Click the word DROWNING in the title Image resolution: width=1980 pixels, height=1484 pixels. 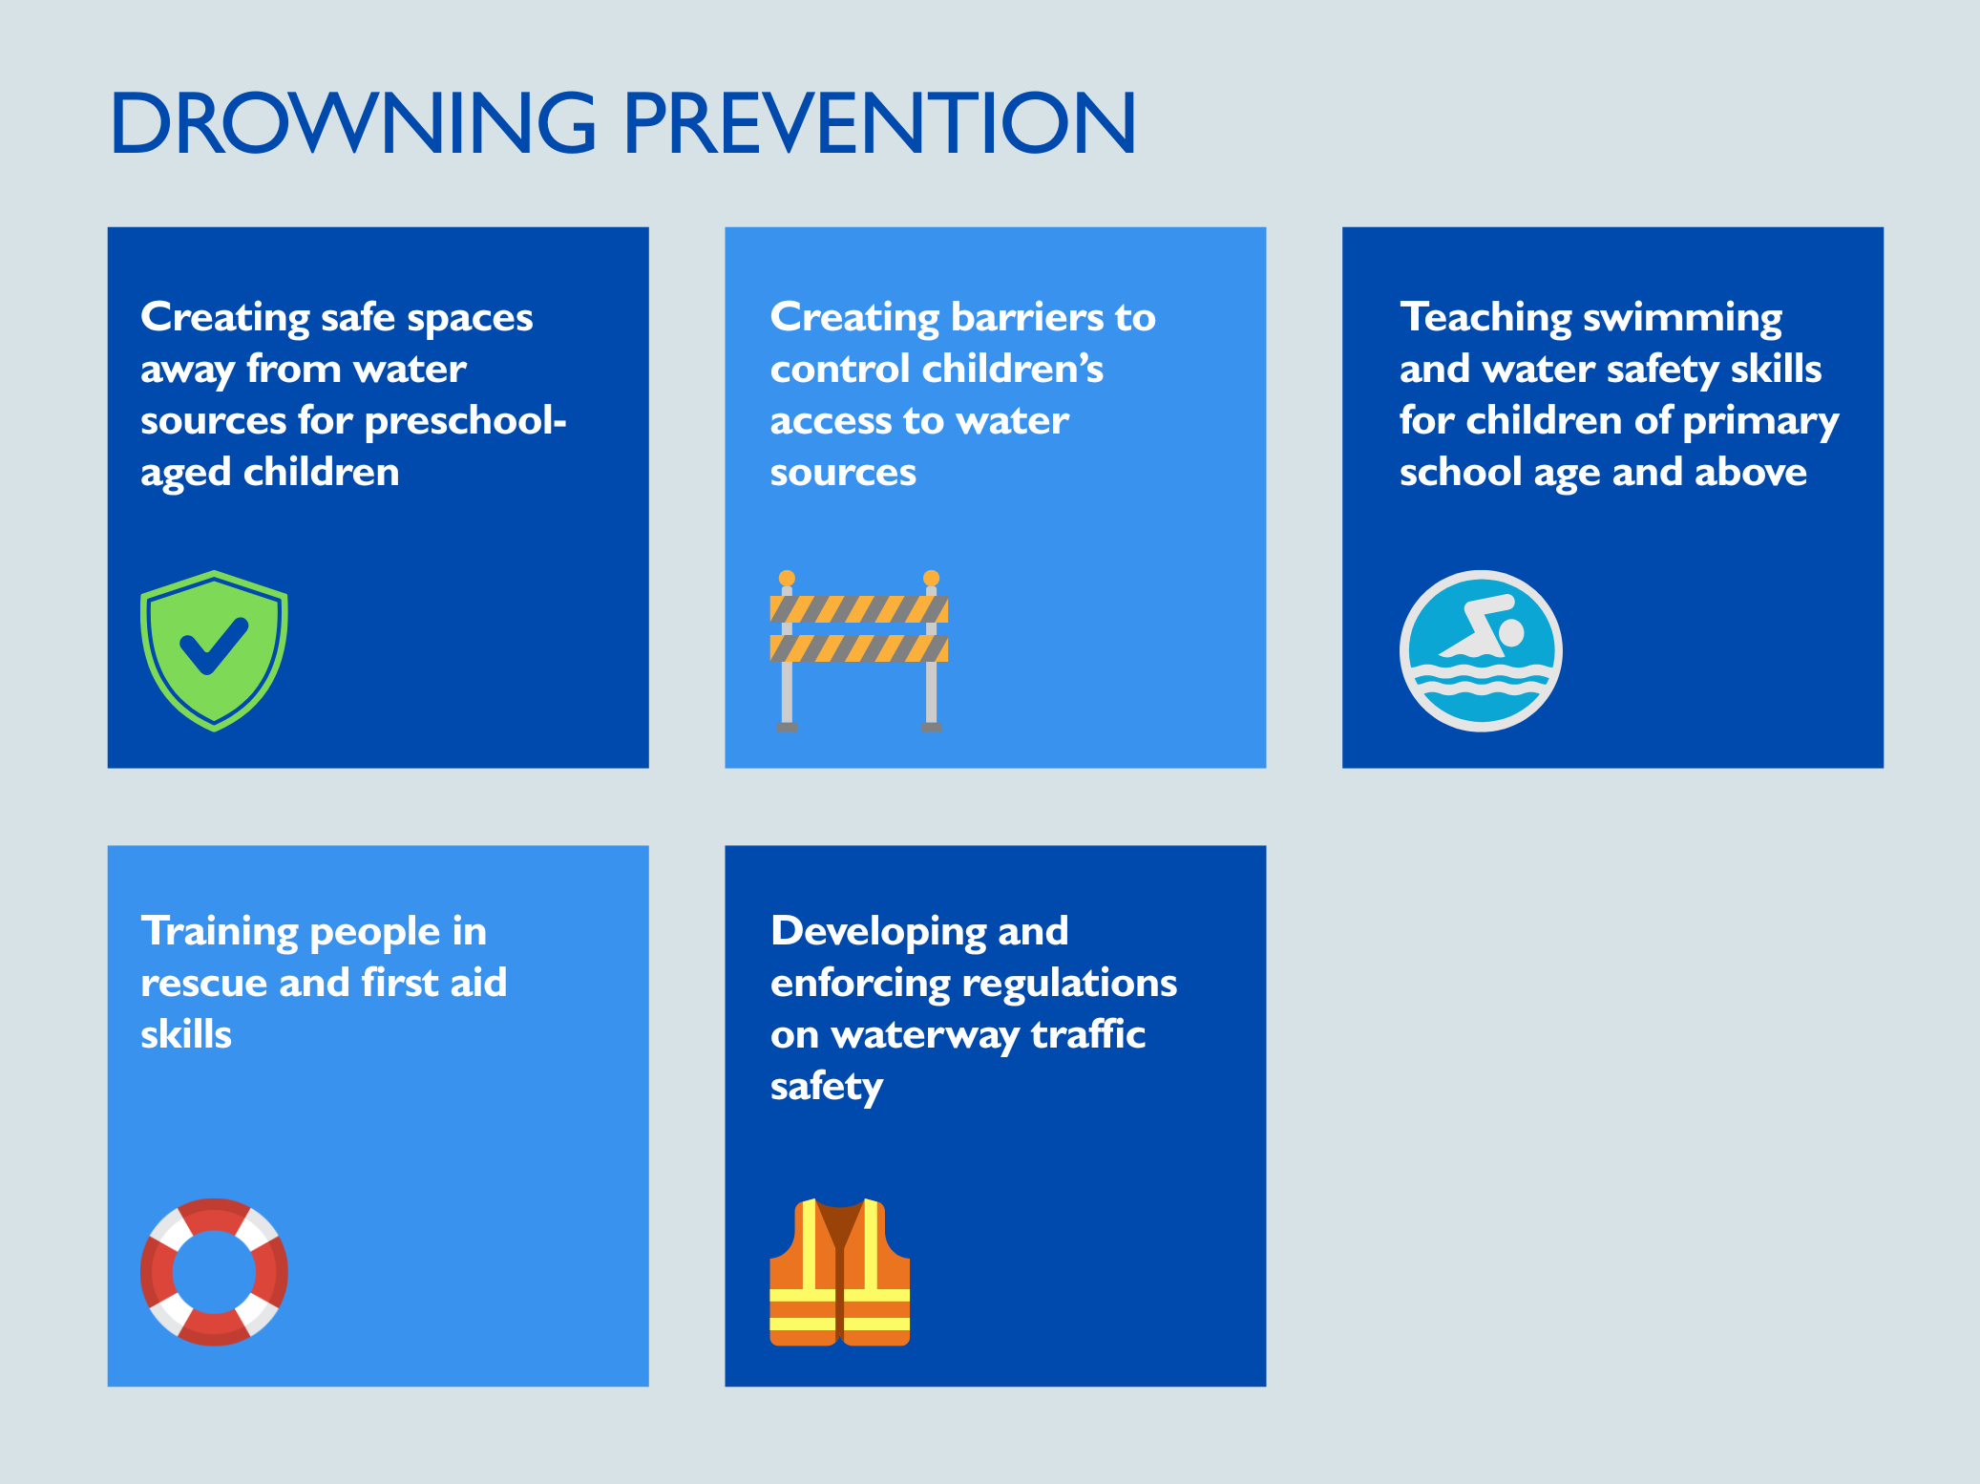coord(353,122)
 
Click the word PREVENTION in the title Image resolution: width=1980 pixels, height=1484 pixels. coord(879,122)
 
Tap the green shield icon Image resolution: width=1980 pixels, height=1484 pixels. coord(214,650)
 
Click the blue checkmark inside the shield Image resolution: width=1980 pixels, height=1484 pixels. coord(214,646)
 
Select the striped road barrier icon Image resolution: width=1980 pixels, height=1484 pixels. coord(859,651)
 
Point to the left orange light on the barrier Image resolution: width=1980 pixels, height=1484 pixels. coord(787,578)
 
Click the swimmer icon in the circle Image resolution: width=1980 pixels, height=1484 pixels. coord(1481,650)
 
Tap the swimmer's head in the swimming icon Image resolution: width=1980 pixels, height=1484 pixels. coord(1511,632)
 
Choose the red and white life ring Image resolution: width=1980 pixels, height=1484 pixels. coord(214,1271)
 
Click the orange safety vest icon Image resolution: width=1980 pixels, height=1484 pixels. coord(840,1271)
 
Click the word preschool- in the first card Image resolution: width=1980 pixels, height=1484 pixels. coord(466,420)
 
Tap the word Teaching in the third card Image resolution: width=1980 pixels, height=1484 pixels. coord(1484,317)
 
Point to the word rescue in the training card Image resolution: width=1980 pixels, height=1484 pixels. coord(203,984)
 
